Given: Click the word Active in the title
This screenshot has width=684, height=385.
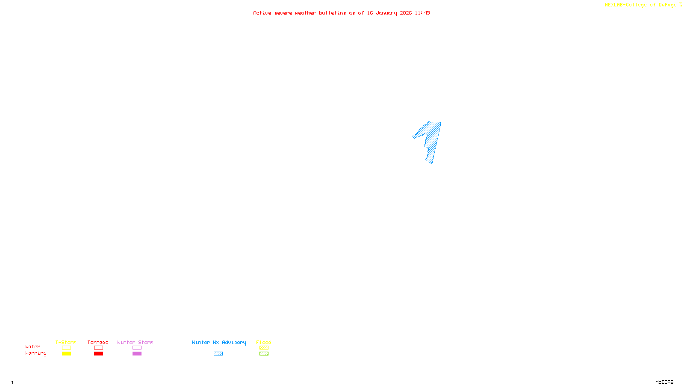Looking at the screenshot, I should (x=262, y=13).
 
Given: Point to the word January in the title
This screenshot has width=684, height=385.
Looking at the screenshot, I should (x=386, y=13).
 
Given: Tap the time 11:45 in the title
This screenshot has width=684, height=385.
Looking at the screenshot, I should (x=422, y=13).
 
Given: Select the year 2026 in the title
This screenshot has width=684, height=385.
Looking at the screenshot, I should (x=406, y=13).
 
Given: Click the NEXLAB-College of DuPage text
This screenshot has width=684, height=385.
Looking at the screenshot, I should (x=640, y=5).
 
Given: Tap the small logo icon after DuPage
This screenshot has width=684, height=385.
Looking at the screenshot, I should (x=680, y=5).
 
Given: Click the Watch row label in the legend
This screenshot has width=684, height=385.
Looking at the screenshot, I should (x=33, y=347).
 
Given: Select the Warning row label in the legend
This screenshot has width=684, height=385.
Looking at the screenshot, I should (x=35, y=353).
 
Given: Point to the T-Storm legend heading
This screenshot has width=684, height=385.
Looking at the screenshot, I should (x=66, y=342).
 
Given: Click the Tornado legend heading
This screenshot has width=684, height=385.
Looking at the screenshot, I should (x=98, y=342).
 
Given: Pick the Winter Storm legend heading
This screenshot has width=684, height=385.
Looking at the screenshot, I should (x=135, y=342).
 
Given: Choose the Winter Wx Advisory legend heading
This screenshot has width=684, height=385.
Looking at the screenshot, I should (x=219, y=342).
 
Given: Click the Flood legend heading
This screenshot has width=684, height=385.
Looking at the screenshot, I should (x=264, y=342).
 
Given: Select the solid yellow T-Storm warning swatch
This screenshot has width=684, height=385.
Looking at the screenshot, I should (x=66, y=354).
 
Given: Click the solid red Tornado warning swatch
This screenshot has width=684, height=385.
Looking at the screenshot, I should (x=98, y=354).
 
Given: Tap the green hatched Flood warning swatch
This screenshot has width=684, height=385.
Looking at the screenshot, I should (x=264, y=354).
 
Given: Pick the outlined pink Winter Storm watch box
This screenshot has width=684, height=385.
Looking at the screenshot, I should (x=137, y=348).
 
